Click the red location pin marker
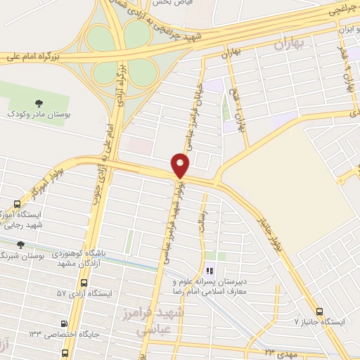[181, 165]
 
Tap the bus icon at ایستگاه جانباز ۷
[320, 311]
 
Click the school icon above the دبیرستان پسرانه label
[209, 271]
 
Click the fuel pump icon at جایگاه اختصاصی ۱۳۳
[65, 324]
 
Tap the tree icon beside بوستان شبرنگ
[20, 245]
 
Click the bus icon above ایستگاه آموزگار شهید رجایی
[17, 204]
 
